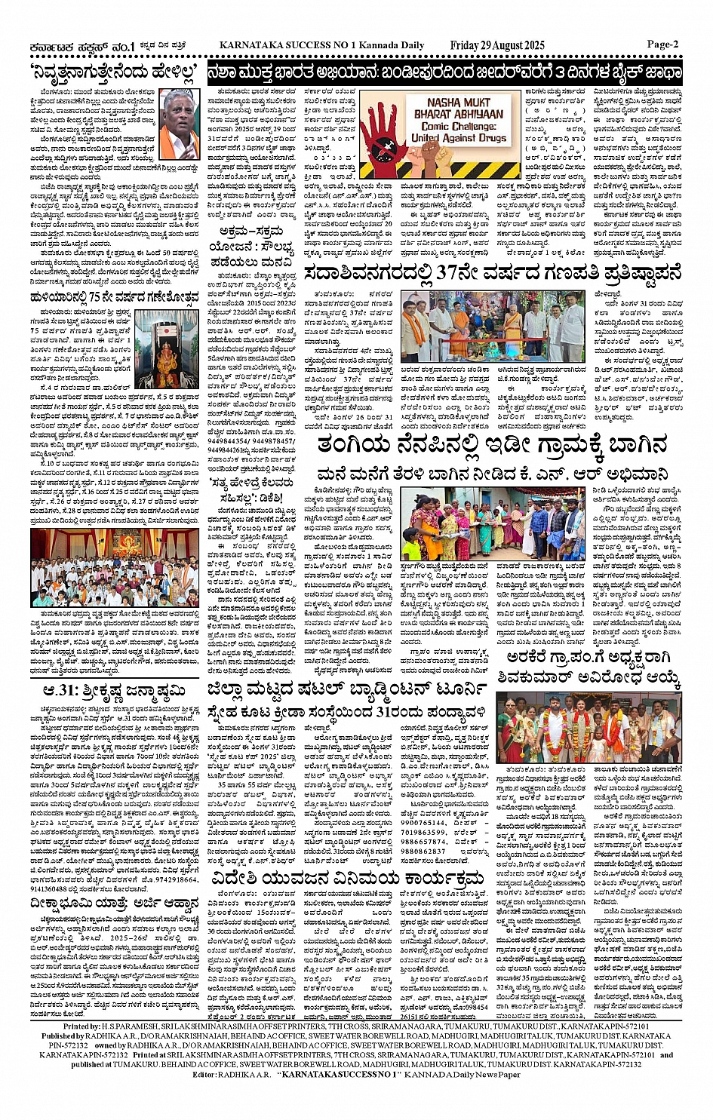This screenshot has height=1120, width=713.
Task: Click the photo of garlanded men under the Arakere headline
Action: [x=588, y=727]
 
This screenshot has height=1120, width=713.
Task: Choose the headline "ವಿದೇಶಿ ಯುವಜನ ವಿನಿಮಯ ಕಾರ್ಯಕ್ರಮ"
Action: [x=347, y=836]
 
